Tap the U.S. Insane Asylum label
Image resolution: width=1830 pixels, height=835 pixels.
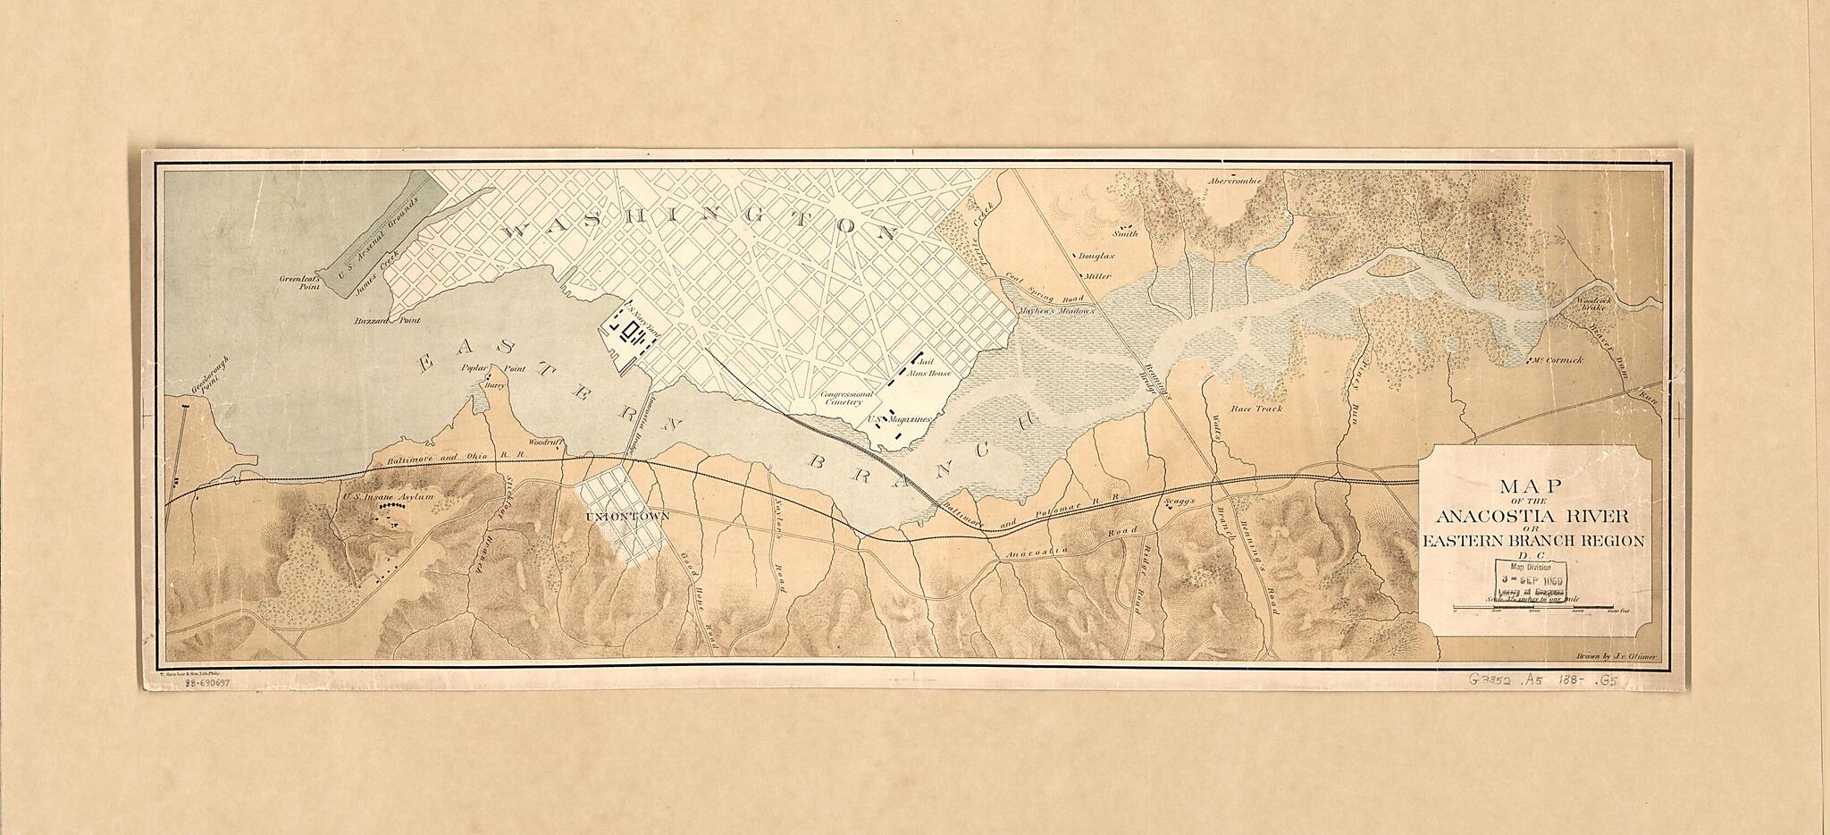[x=388, y=496]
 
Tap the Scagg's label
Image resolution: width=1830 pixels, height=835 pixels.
[x=1179, y=502]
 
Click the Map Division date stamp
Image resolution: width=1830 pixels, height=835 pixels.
[x=1531, y=580]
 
